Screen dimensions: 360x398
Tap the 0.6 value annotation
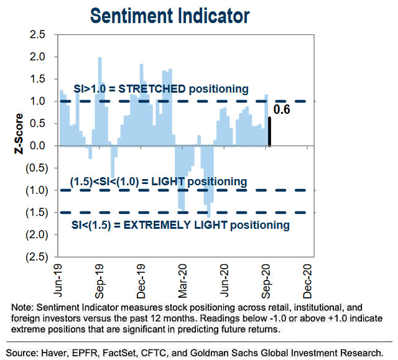click(x=282, y=110)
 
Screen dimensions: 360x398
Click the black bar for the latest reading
click(x=269, y=131)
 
